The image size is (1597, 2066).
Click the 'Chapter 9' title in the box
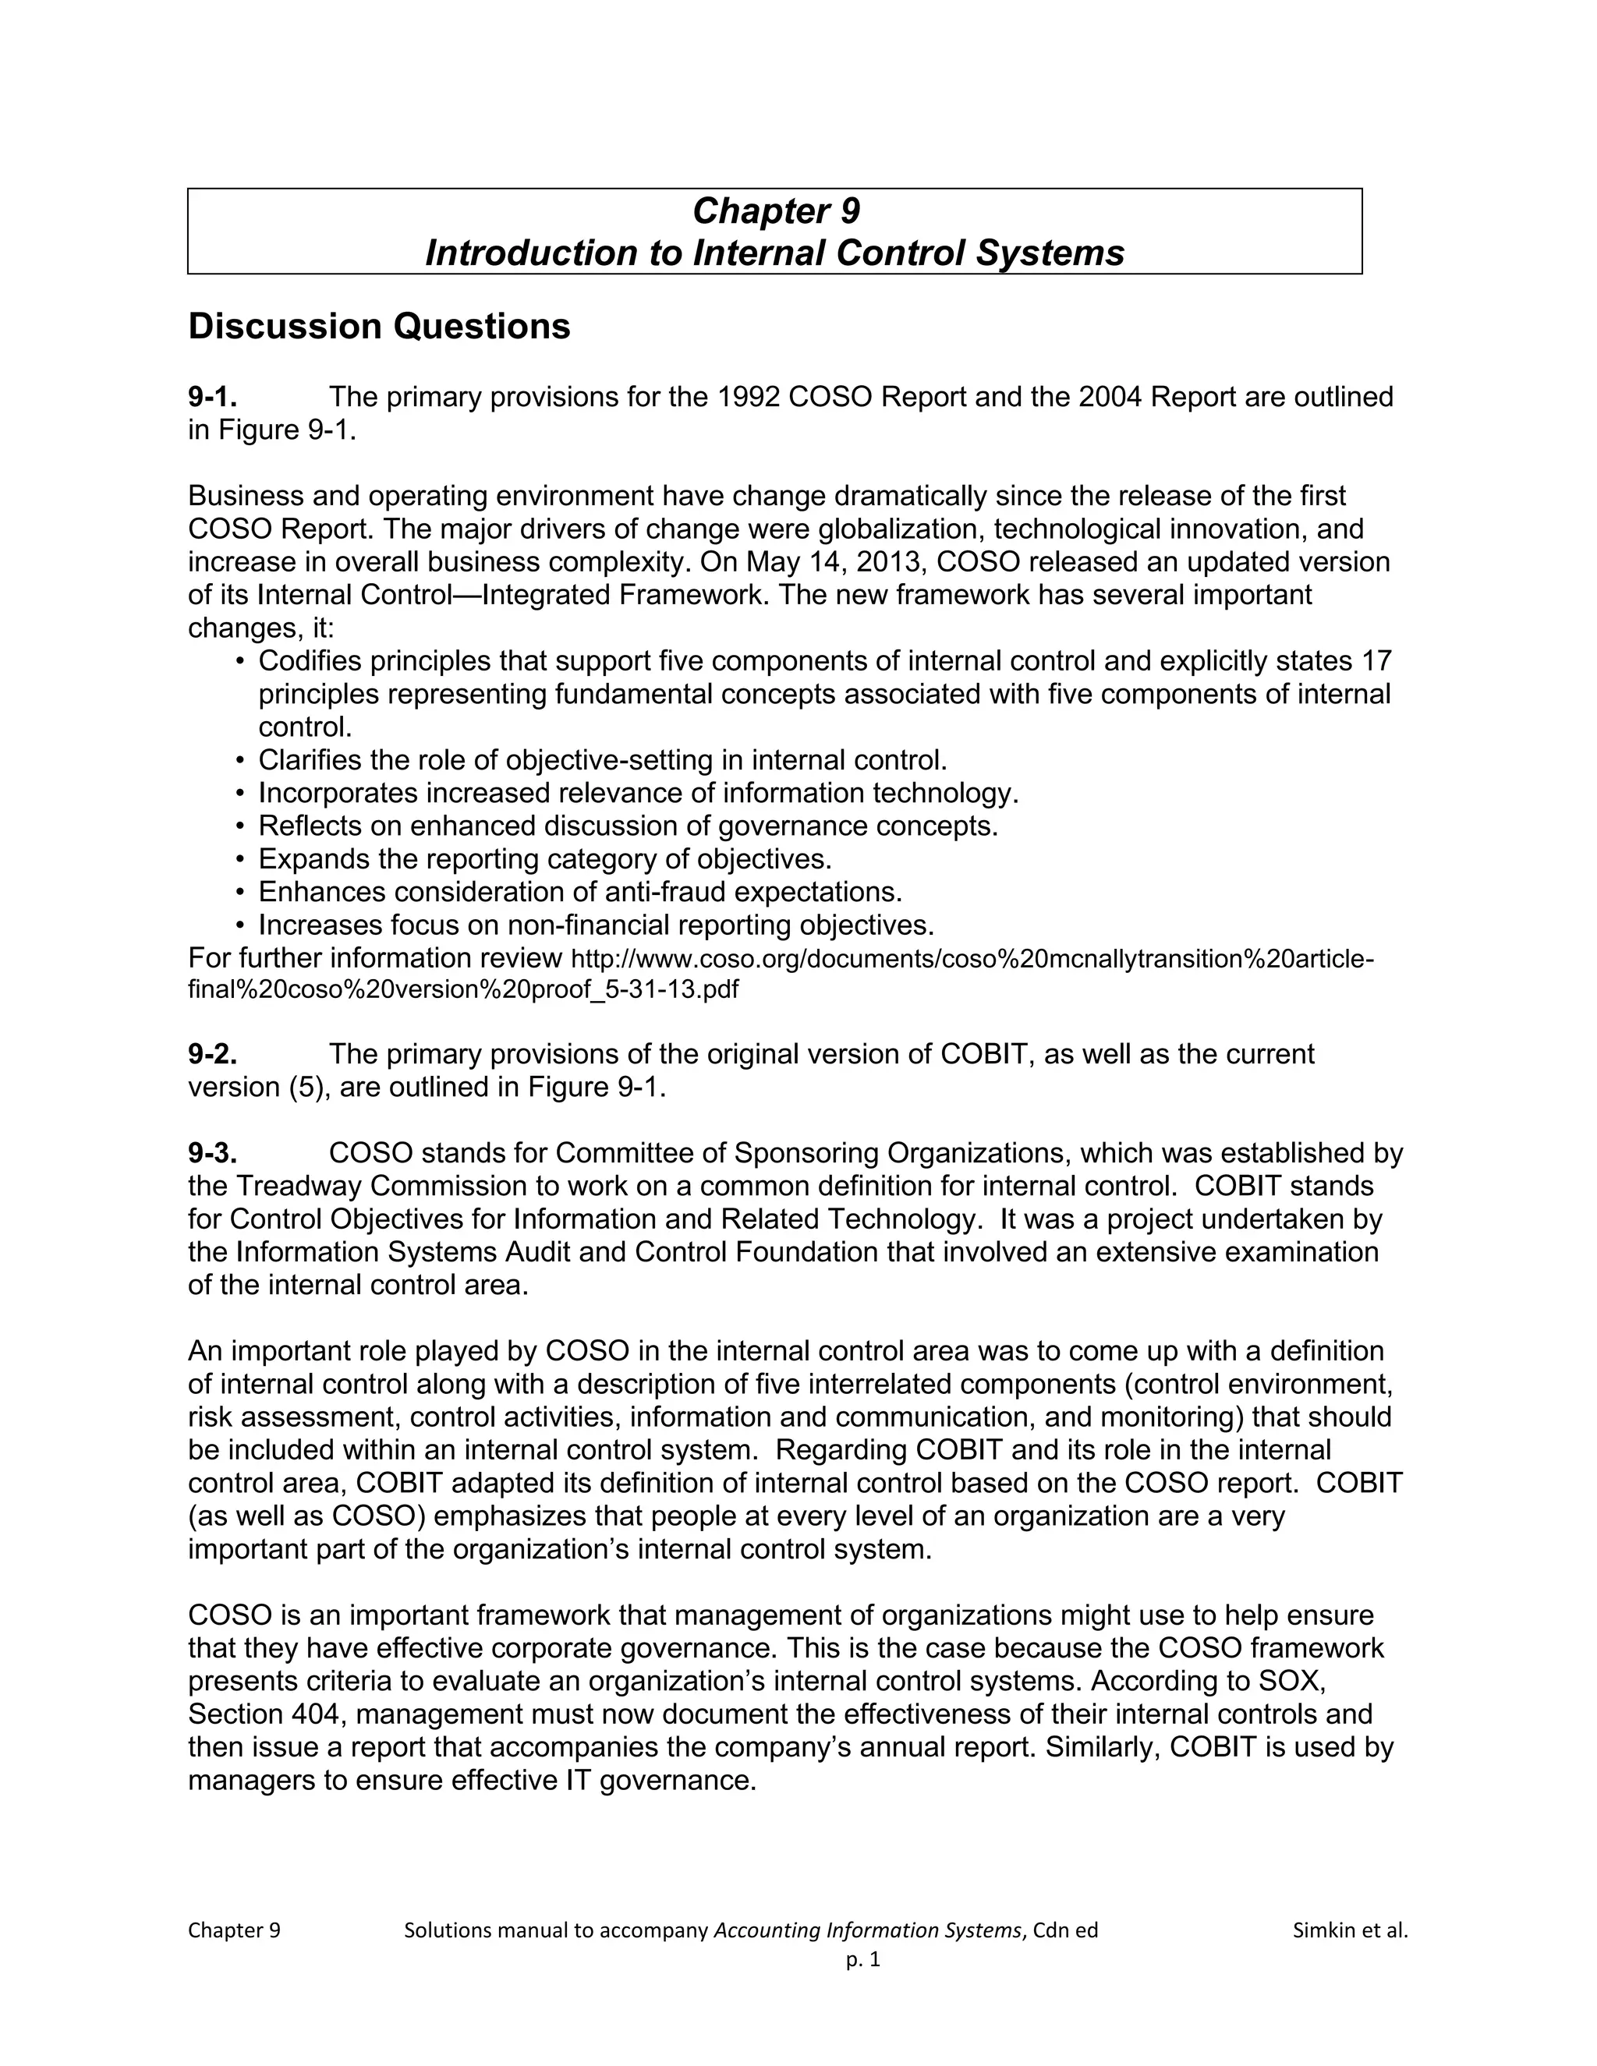coord(775,211)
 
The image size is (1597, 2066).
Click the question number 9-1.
coord(212,398)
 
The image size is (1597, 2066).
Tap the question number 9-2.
coord(212,1054)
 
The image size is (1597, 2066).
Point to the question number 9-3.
coord(212,1153)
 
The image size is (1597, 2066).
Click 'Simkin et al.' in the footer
coord(1349,1930)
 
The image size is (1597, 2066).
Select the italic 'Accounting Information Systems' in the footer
coord(868,1930)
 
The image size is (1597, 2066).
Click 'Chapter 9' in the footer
coord(234,1930)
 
